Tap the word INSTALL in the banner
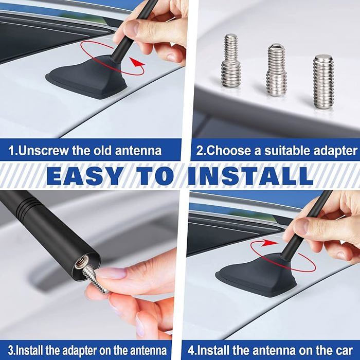(x=250, y=176)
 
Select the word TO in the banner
(x=155, y=176)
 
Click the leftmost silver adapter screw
(x=231, y=61)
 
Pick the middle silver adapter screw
(x=277, y=70)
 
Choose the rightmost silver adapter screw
(x=323, y=81)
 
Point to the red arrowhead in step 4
(x=269, y=242)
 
